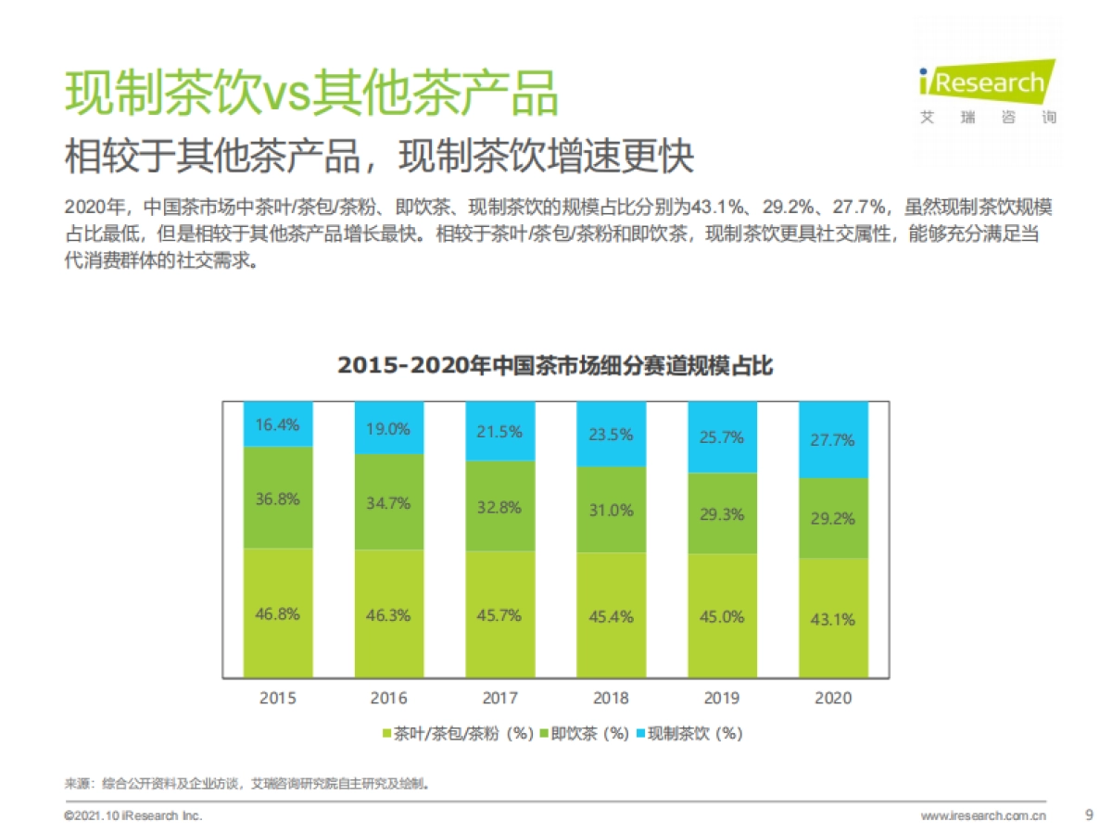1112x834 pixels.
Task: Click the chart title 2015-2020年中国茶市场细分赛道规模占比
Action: click(x=555, y=366)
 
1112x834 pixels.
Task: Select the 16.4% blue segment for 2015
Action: click(x=278, y=424)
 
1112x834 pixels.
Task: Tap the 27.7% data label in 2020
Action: click(x=832, y=440)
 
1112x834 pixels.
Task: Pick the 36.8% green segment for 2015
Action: click(x=278, y=498)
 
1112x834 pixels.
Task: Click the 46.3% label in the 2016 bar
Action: click(x=389, y=614)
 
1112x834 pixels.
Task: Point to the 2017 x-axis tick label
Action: click(x=500, y=698)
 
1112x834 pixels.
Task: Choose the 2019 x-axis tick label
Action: click(x=722, y=698)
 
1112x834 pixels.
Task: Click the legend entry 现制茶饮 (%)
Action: click(x=689, y=734)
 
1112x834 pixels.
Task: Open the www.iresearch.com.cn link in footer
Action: click(x=983, y=816)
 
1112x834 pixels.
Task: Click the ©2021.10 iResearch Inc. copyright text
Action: click(x=133, y=816)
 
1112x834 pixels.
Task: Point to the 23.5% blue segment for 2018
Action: click(x=611, y=434)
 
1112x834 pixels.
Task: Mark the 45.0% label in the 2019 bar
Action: click(x=722, y=616)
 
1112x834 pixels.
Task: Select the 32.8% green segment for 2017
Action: click(x=500, y=507)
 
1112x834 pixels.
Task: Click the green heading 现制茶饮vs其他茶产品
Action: click(x=311, y=94)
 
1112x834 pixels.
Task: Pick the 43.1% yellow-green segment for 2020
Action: click(x=832, y=618)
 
